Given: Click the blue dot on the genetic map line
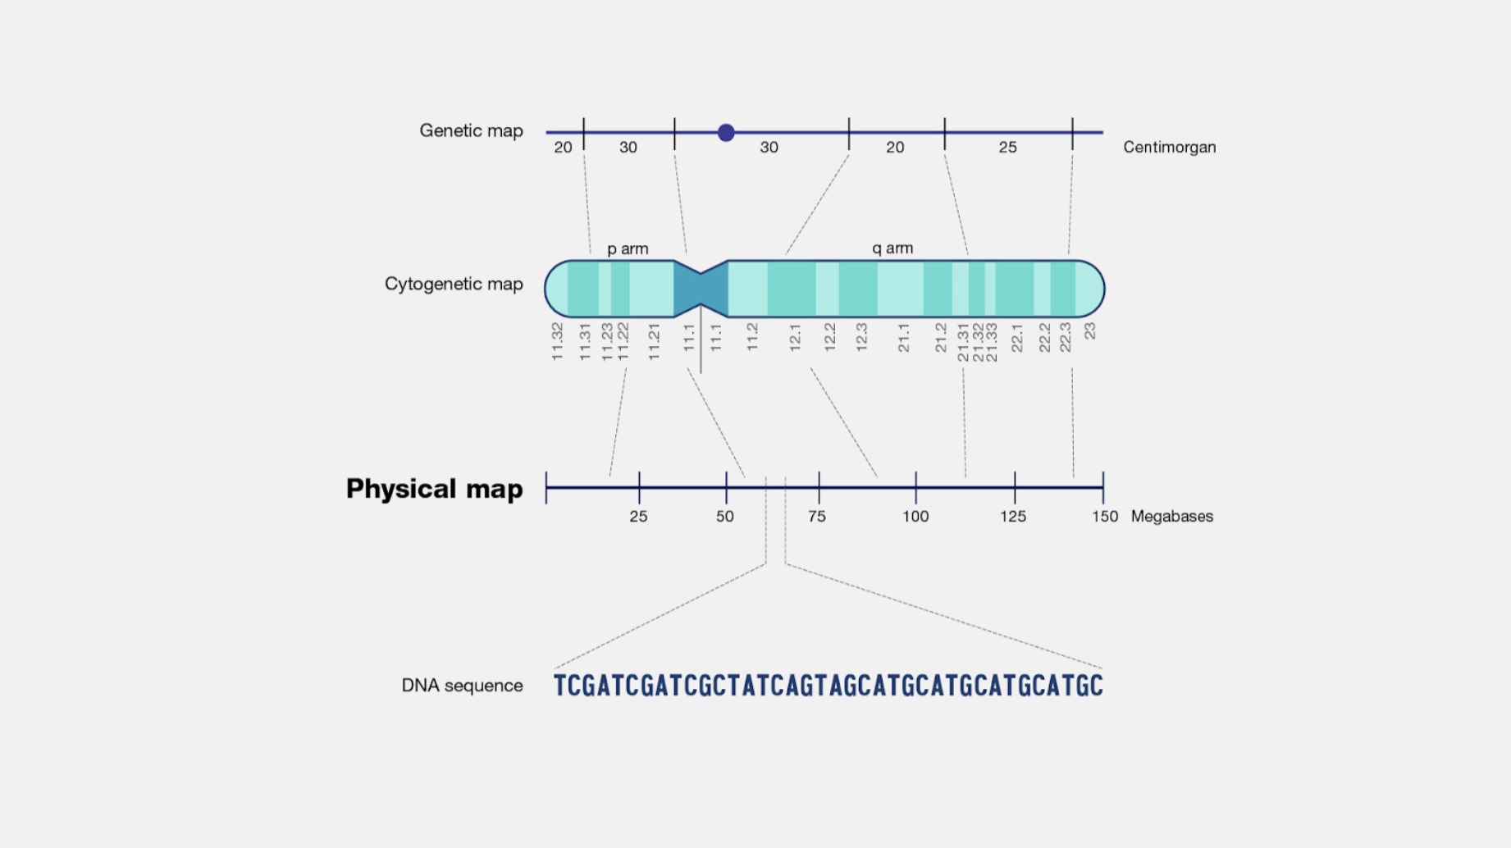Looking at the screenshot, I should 726,133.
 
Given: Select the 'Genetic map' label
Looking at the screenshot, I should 471,131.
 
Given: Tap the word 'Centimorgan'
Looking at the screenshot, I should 1169,148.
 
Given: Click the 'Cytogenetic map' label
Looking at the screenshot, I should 454,285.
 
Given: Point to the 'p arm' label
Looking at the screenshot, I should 628,248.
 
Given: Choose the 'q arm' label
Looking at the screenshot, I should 892,248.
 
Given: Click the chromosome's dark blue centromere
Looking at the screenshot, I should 701,289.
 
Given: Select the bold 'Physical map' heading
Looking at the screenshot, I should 434,489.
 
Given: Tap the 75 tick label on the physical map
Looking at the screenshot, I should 817,517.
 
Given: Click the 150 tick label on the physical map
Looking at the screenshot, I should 1104,517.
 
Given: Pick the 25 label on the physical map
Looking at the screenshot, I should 638,517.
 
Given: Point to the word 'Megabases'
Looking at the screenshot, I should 1171,517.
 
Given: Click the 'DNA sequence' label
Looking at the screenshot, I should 462,686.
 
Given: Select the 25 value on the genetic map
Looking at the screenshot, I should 1007,148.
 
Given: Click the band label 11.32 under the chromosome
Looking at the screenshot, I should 558,341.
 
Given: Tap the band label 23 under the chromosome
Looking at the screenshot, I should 1090,331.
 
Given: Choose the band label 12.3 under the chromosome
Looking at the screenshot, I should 861,338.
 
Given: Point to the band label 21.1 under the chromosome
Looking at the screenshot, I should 904,338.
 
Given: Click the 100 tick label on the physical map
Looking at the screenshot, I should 915,517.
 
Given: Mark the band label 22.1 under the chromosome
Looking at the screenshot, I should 1017,338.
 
